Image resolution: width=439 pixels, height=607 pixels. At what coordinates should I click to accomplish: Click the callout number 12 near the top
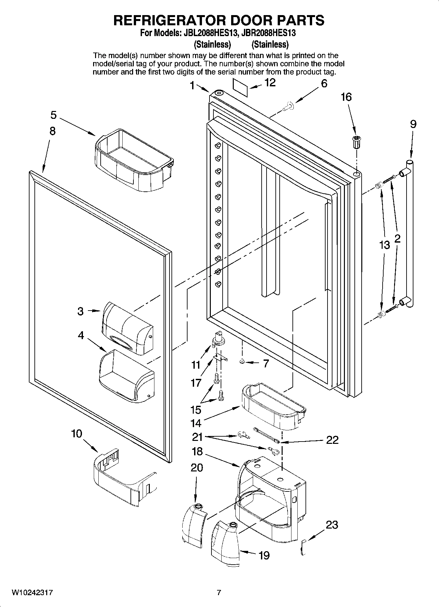pyautogui.click(x=270, y=83)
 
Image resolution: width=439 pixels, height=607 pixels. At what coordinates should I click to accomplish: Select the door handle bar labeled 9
pyautogui.click(x=410, y=233)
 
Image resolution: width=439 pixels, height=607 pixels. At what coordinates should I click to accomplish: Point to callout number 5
pyautogui.click(x=53, y=115)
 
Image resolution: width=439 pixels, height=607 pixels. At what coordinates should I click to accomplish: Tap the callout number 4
pyautogui.click(x=81, y=335)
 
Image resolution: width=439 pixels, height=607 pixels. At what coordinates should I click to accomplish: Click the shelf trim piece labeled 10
pyautogui.click(x=123, y=478)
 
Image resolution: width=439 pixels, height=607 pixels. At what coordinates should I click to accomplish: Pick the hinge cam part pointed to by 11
pyautogui.click(x=217, y=340)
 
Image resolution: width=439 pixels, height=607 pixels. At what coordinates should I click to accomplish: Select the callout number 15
pyautogui.click(x=196, y=410)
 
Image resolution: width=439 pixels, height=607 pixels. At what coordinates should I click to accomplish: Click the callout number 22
pyautogui.click(x=332, y=440)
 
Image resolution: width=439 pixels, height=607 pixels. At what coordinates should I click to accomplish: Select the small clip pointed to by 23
pyautogui.click(x=303, y=547)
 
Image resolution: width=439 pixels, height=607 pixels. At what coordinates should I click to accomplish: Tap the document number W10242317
pyautogui.click(x=32, y=593)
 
